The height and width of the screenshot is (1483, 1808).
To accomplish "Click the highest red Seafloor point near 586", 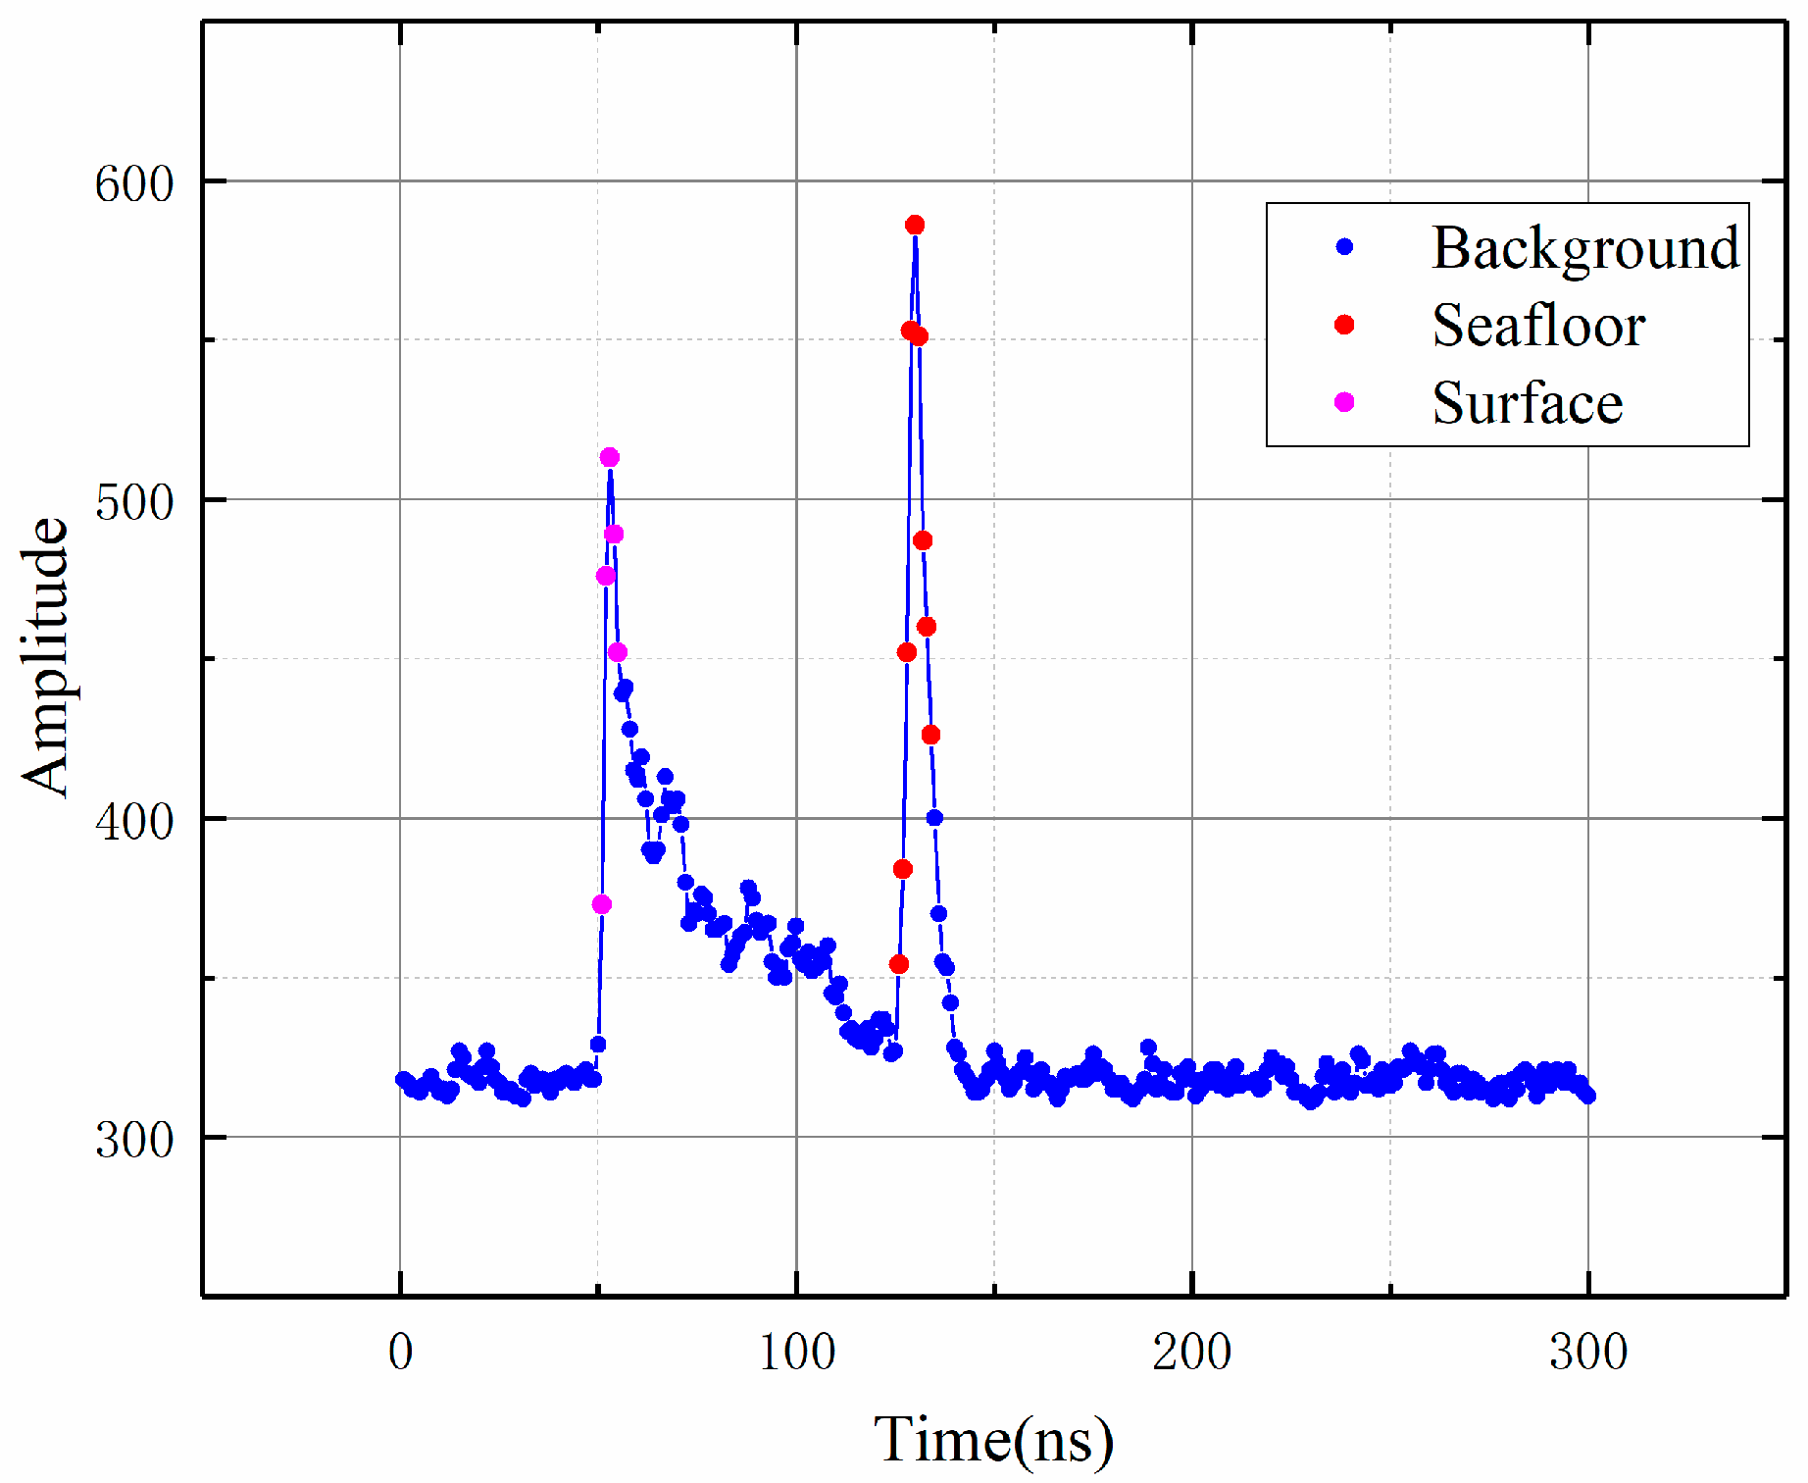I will (915, 226).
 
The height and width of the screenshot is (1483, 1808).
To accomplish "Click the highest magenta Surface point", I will (610, 457).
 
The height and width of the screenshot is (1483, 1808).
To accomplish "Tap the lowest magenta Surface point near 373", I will (602, 904).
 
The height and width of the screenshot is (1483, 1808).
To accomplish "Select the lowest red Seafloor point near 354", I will (899, 964).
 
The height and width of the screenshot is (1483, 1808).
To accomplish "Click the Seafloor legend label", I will (1537, 326).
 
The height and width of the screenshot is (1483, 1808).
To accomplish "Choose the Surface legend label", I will (1527, 403).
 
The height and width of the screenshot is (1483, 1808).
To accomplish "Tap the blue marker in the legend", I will (1344, 247).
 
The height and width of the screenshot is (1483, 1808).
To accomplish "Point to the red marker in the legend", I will (1344, 325).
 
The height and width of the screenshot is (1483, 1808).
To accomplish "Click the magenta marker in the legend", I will (1344, 402).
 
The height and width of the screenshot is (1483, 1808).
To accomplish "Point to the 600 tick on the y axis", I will (134, 182).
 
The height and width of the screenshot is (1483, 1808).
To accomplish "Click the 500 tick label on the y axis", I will (134, 501).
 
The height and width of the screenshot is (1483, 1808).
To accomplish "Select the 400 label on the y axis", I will (134, 820).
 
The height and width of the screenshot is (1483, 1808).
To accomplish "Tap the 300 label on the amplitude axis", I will (134, 1139).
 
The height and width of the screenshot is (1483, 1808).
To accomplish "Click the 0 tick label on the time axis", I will (400, 1352).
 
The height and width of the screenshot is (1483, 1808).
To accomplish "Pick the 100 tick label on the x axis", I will (797, 1352).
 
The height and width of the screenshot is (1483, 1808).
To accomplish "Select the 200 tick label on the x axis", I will (1192, 1352).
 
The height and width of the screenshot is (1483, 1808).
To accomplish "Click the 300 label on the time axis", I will (1588, 1352).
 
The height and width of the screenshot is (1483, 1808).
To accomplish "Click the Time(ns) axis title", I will (993, 1439).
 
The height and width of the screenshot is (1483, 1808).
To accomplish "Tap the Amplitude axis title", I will (45, 657).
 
